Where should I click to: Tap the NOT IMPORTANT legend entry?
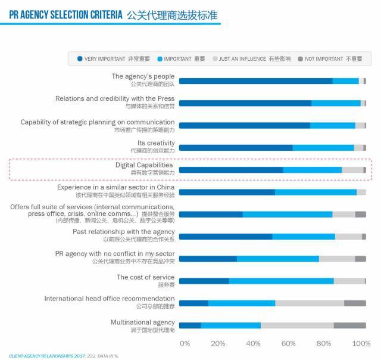(x=333, y=59)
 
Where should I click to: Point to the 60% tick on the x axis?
(x=289, y=344)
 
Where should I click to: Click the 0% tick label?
(x=185, y=344)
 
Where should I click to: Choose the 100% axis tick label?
(x=361, y=344)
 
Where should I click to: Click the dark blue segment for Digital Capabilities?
(x=230, y=170)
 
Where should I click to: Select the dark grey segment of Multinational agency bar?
(x=349, y=325)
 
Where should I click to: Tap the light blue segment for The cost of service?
(x=281, y=281)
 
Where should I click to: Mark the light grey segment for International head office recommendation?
(x=310, y=303)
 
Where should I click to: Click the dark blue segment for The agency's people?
(x=255, y=81)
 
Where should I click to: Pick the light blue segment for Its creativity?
(x=323, y=148)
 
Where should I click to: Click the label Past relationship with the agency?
(x=124, y=231)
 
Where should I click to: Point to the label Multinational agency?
(x=143, y=322)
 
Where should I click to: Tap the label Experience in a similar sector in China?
(x=116, y=187)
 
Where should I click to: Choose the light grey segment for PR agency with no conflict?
(x=337, y=259)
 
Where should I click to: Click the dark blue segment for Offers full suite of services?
(x=211, y=215)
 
